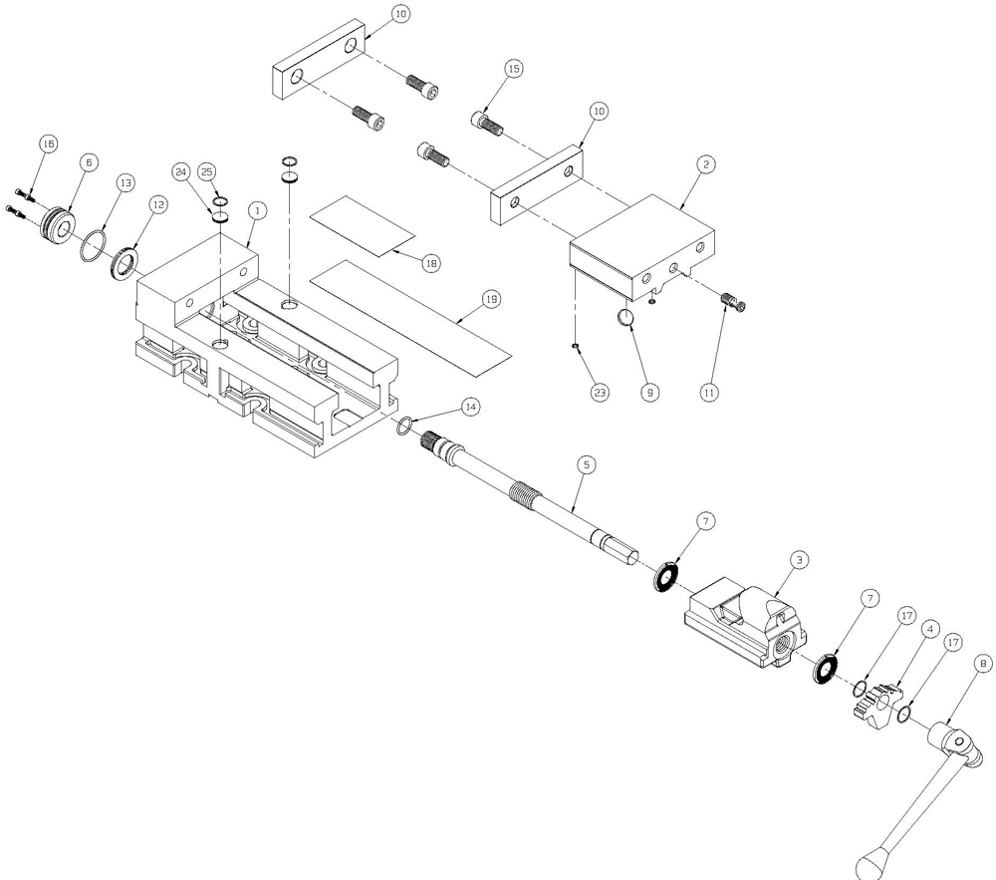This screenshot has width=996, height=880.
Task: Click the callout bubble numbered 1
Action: coord(257,211)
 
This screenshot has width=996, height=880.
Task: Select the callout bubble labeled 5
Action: coord(586,464)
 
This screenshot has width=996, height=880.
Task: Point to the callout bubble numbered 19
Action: coord(490,299)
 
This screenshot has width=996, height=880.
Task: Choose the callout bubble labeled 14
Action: coord(470,407)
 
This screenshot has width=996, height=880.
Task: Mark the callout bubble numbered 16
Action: coord(47,144)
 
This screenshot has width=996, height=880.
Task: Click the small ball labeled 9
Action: coord(622,317)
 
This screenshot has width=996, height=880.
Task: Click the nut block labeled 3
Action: coord(747,622)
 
